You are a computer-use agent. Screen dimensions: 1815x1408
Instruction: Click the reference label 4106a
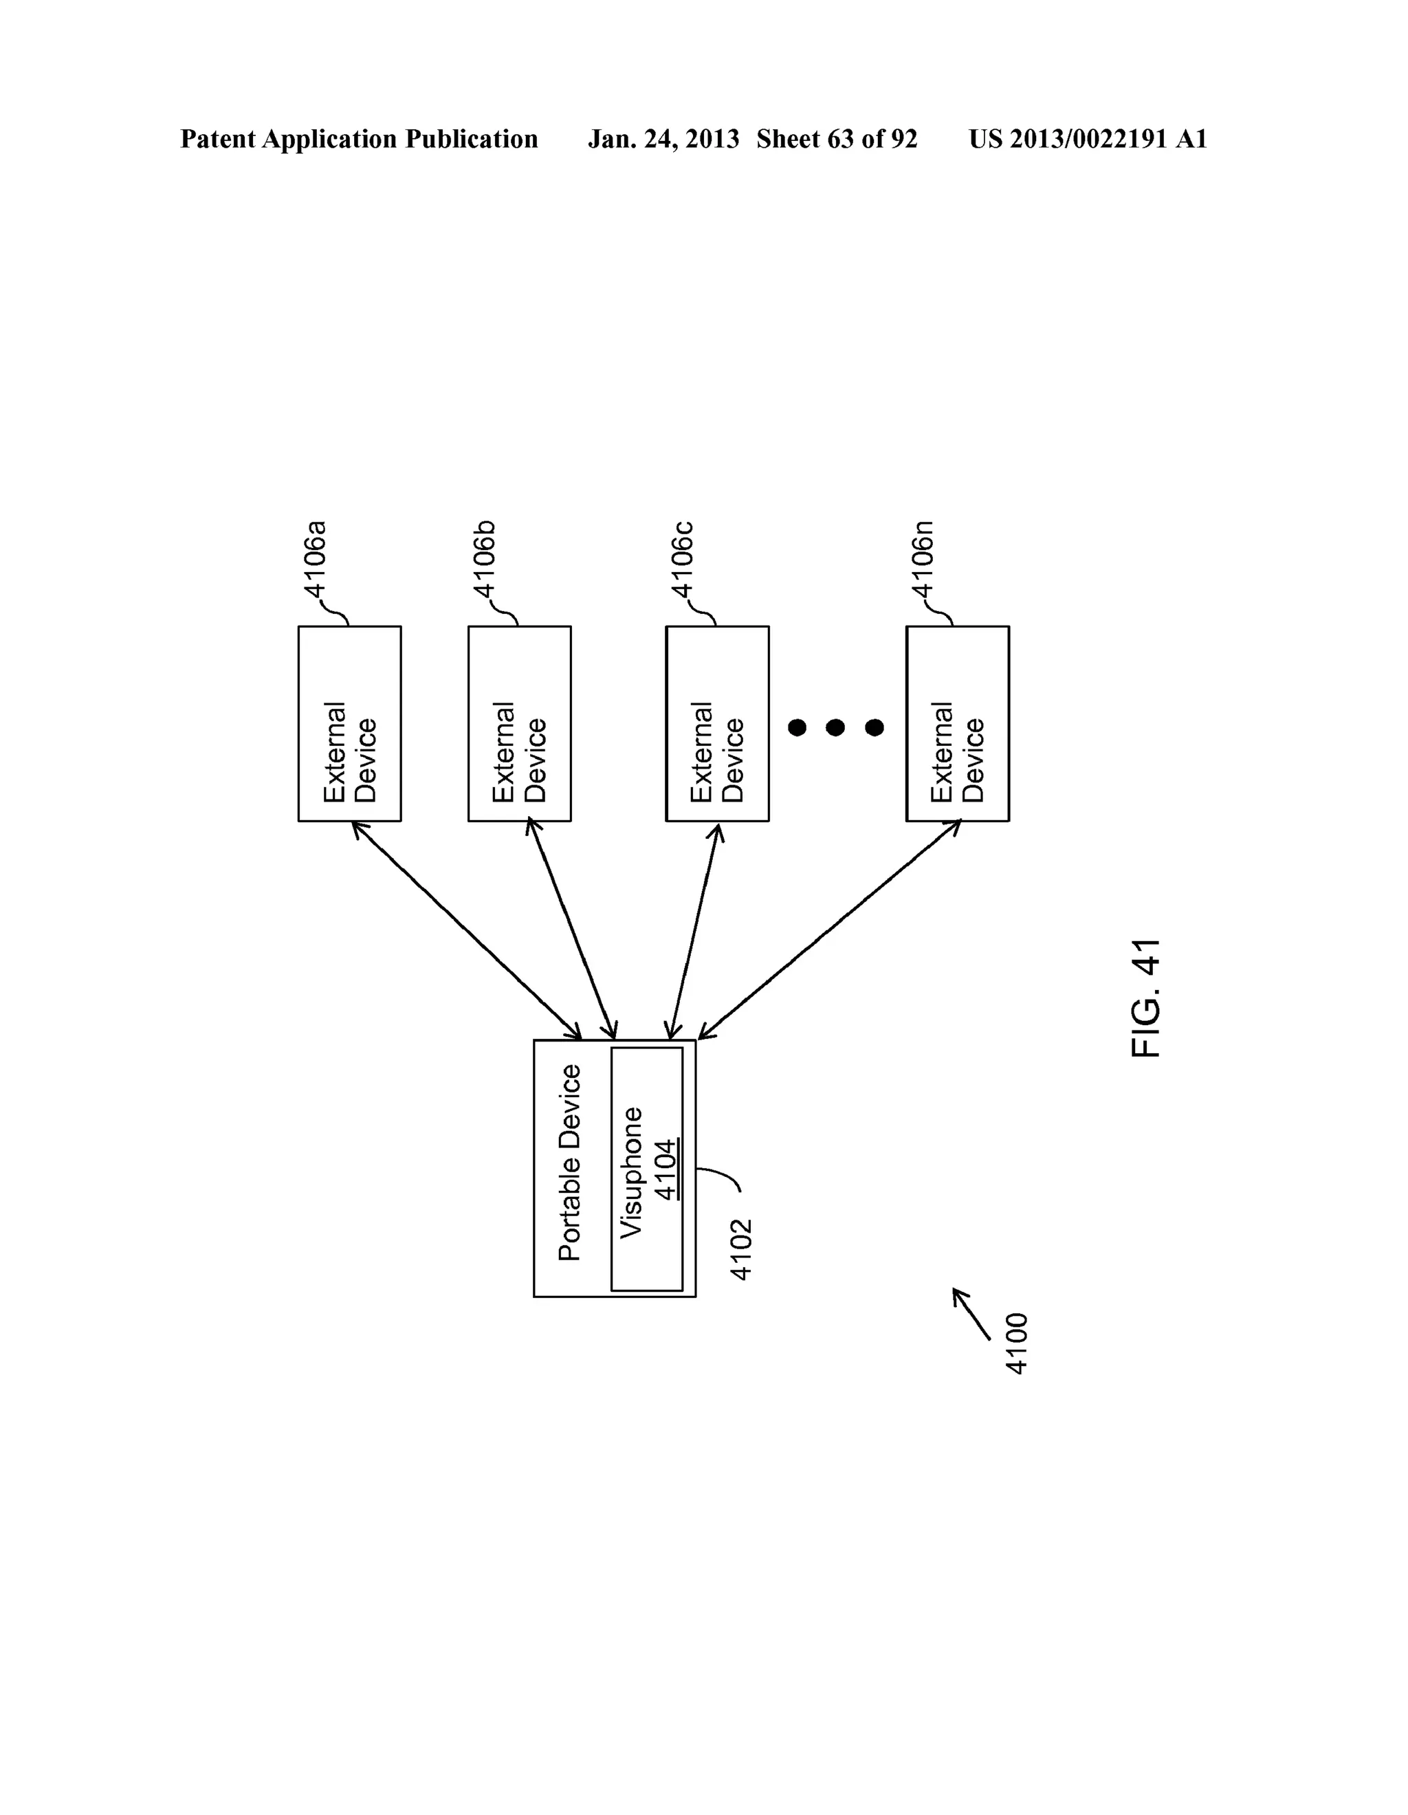tap(316, 560)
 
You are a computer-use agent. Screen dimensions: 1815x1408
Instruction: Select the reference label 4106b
tap(485, 560)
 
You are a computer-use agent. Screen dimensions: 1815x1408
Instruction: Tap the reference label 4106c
tap(683, 560)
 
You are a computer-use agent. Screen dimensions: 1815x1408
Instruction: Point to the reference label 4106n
tap(923, 560)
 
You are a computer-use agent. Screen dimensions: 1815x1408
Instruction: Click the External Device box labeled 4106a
tap(349, 724)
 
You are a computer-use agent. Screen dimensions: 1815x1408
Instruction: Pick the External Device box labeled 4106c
tap(716, 724)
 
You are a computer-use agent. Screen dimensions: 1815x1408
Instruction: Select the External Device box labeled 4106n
tap(957, 724)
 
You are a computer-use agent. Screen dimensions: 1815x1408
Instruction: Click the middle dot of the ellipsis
tap(835, 728)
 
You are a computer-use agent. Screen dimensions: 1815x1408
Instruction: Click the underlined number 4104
tap(665, 1170)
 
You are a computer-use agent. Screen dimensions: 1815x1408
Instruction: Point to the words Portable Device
tap(570, 1163)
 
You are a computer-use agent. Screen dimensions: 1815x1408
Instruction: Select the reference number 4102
tap(740, 1249)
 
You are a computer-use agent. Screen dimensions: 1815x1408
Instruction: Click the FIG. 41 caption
tap(1146, 998)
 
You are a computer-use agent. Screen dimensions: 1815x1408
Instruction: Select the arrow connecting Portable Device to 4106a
tap(466, 930)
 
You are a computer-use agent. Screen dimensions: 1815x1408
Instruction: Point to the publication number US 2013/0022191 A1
tap(1087, 139)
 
